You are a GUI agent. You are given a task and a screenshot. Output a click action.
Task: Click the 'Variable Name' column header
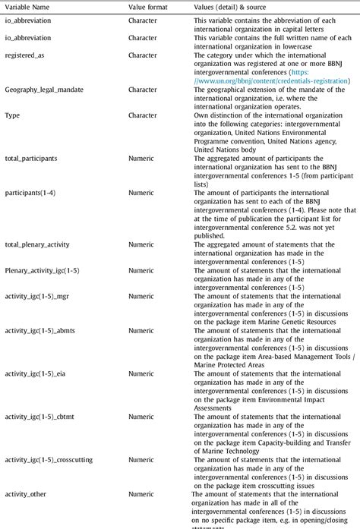click(27, 7)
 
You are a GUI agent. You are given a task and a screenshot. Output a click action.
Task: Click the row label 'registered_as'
click(26, 55)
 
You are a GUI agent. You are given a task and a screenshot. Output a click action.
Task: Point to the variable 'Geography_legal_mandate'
click(44, 90)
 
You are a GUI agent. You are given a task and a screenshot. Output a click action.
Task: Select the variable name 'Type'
click(12, 115)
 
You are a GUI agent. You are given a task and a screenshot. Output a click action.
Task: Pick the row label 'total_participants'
click(35, 159)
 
